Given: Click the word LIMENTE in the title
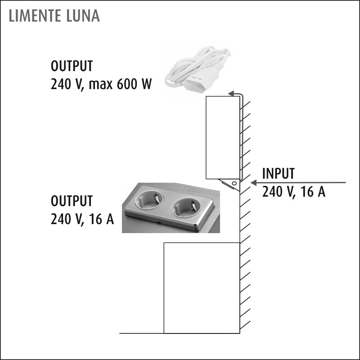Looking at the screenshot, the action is click(35, 16).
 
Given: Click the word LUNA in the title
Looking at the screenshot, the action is click(83, 16).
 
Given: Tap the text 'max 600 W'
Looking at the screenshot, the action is click(120, 84).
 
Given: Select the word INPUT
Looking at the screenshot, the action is click(278, 173).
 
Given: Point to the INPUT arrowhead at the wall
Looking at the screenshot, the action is click(253, 183).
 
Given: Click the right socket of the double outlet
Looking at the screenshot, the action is click(186, 208).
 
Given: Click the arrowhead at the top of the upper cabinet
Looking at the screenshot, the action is click(231, 94).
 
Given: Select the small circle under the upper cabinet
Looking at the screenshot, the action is click(234, 183).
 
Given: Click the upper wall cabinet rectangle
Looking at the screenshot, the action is click(223, 138).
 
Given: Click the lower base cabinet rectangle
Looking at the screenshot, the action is click(202, 288).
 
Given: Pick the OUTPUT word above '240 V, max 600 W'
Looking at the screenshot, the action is click(72, 66).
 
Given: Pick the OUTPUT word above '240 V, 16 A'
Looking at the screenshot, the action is click(72, 201).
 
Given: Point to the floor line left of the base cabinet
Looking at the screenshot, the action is click(141, 333).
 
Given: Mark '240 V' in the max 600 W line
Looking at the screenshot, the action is click(66, 84).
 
